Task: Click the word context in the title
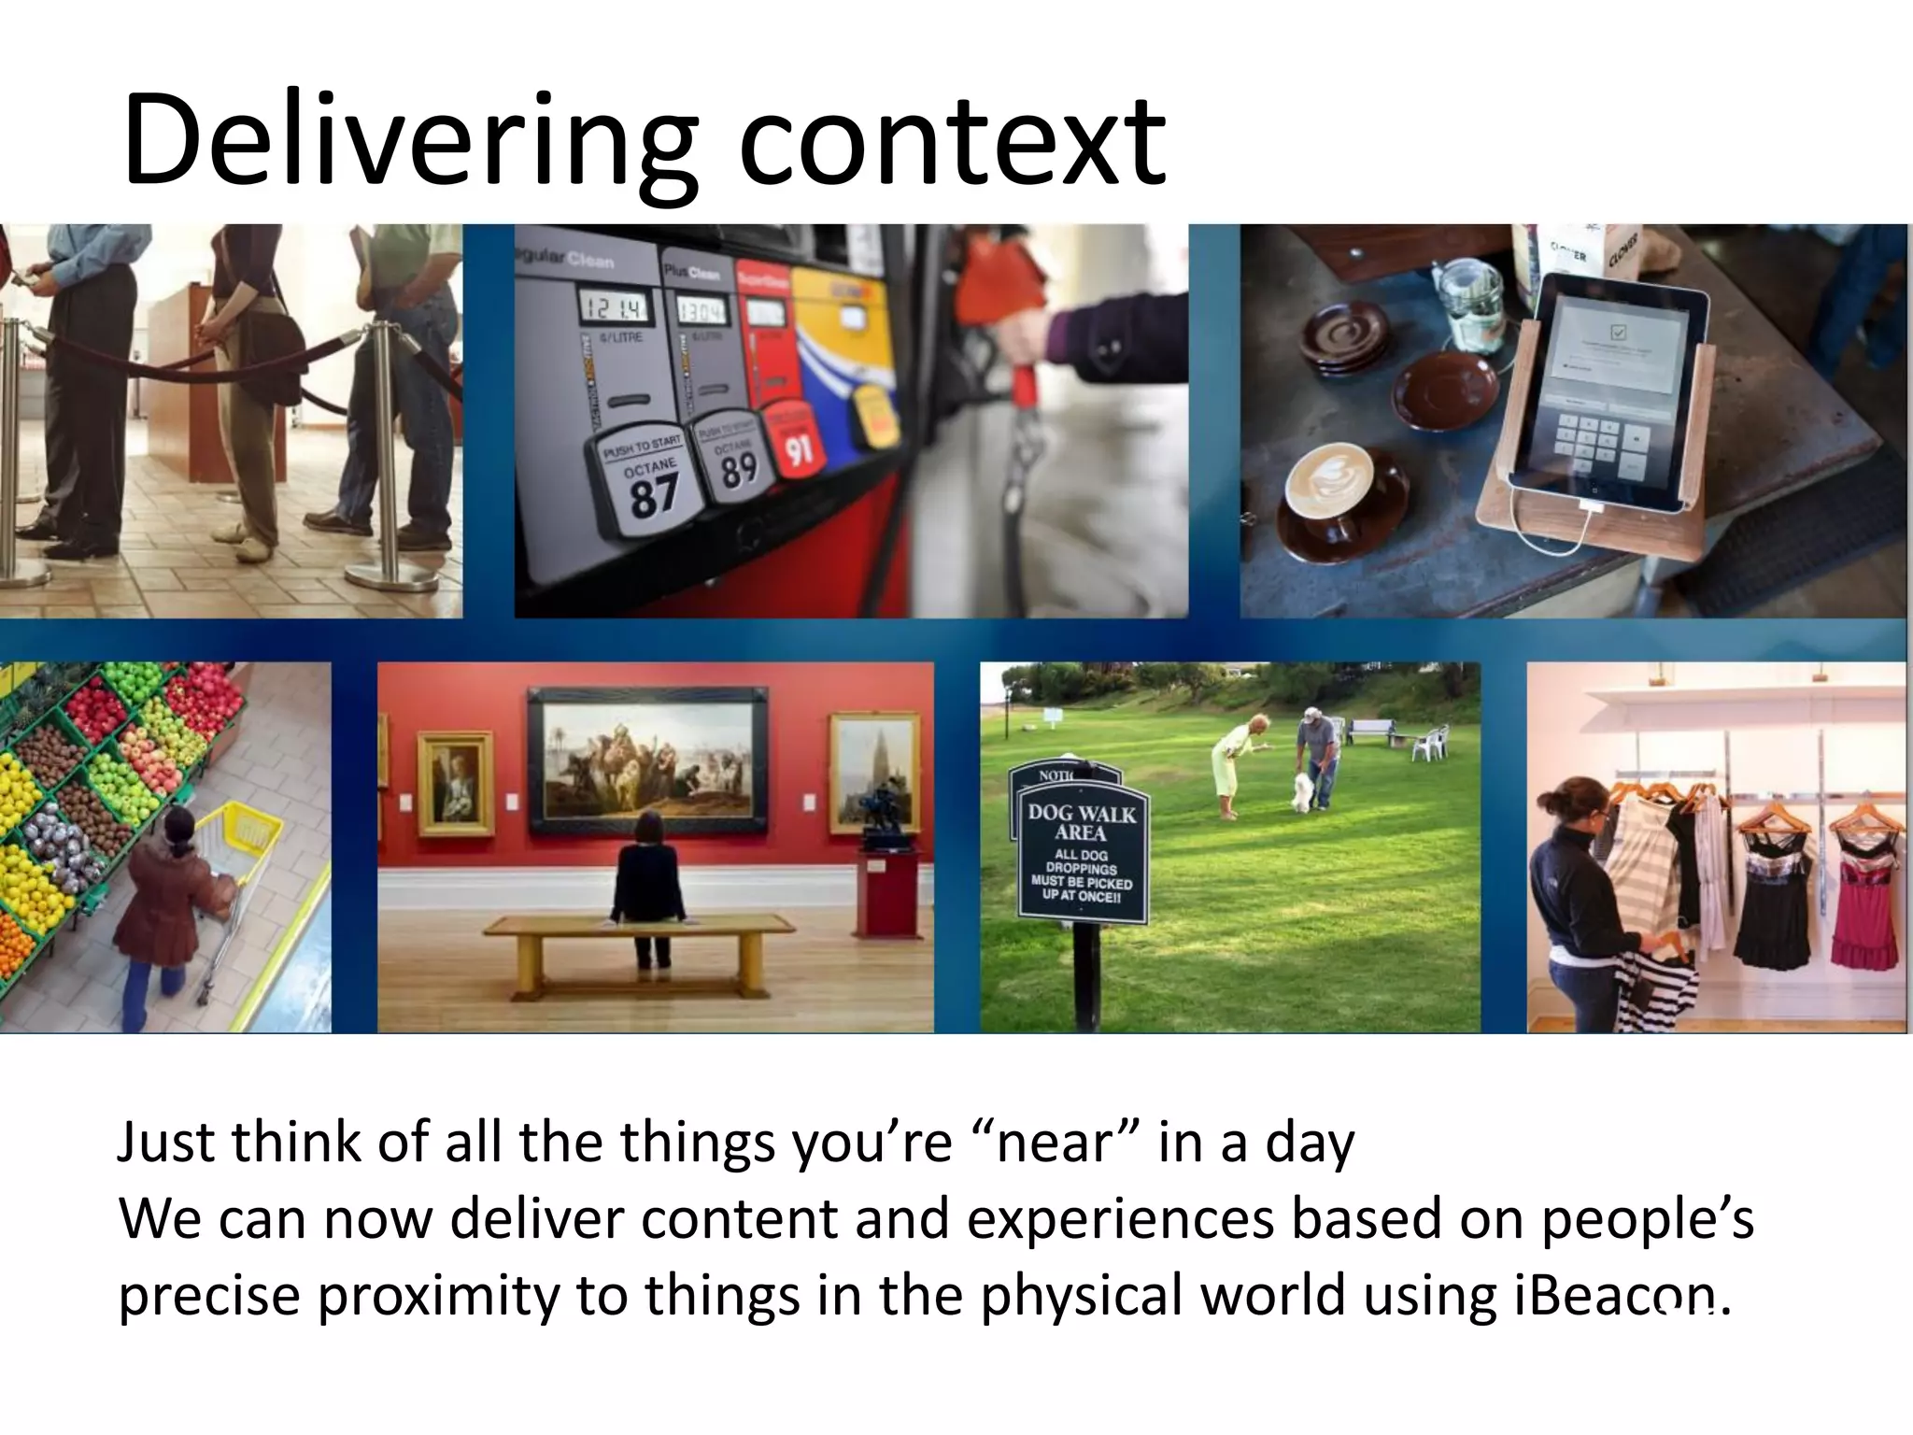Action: tap(953, 145)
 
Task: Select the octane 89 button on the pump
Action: tap(737, 463)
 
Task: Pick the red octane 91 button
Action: tap(796, 448)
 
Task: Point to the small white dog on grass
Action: tap(1303, 790)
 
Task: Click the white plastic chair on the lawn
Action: tap(1429, 744)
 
